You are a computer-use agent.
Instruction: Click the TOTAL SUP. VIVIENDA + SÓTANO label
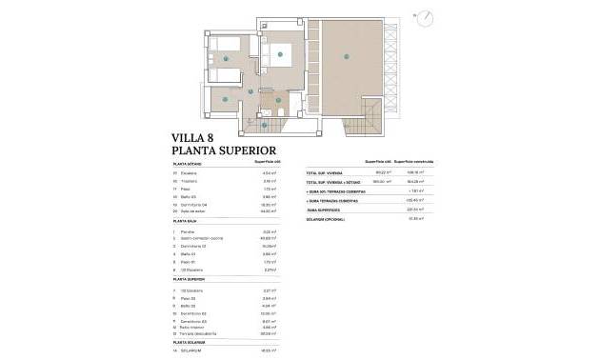(x=334, y=180)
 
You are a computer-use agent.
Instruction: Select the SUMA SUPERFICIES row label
(x=326, y=210)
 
